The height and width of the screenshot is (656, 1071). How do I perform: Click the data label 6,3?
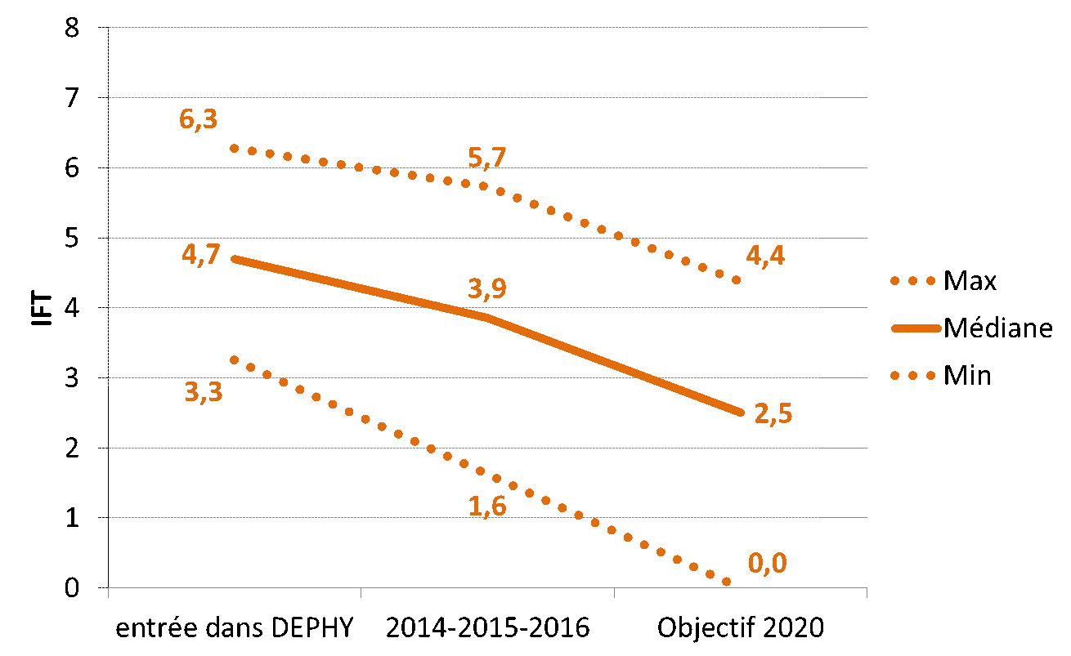pyautogui.click(x=199, y=119)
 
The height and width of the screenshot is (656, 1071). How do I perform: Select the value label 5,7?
pyautogui.click(x=487, y=158)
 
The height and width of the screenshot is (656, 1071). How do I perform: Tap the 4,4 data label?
pyautogui.click(x=765, y=256)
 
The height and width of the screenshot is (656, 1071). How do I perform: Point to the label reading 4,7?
pyautogui.click(x=201, y=255)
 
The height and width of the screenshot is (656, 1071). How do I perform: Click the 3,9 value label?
pyautogui.click(x=487, y=289)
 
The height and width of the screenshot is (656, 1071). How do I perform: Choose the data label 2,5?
pyautogui.click(x=773, y=414)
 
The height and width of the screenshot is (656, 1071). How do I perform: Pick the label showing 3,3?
pyautogui.click(x=204, y=392)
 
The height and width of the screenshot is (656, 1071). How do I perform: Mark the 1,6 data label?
pyautogui.click(x=487, y=507)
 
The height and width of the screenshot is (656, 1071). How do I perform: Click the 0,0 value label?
pyautogui.click(x=767, y=564)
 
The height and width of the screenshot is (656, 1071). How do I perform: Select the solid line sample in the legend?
pyautogui.click(x=916, y=328)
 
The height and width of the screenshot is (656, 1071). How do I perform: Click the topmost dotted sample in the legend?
pyautogui.click(x=912, y=281)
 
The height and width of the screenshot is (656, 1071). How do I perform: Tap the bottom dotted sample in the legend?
pyautogui.click(x=912, y=376)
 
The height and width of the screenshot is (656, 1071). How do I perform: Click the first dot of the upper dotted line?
pyautogui.click(x=234, y=148)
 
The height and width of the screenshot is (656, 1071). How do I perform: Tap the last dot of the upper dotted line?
pyautogui.click(x=736, y=279)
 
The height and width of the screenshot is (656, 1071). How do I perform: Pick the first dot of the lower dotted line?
pyautogui.click(x=234, y=359)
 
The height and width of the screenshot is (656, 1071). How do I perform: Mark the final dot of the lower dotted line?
pyautogui.click(x=726, y=582)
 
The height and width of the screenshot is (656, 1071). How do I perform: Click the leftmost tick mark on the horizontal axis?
pyautogui.click(x=109, y=592)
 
